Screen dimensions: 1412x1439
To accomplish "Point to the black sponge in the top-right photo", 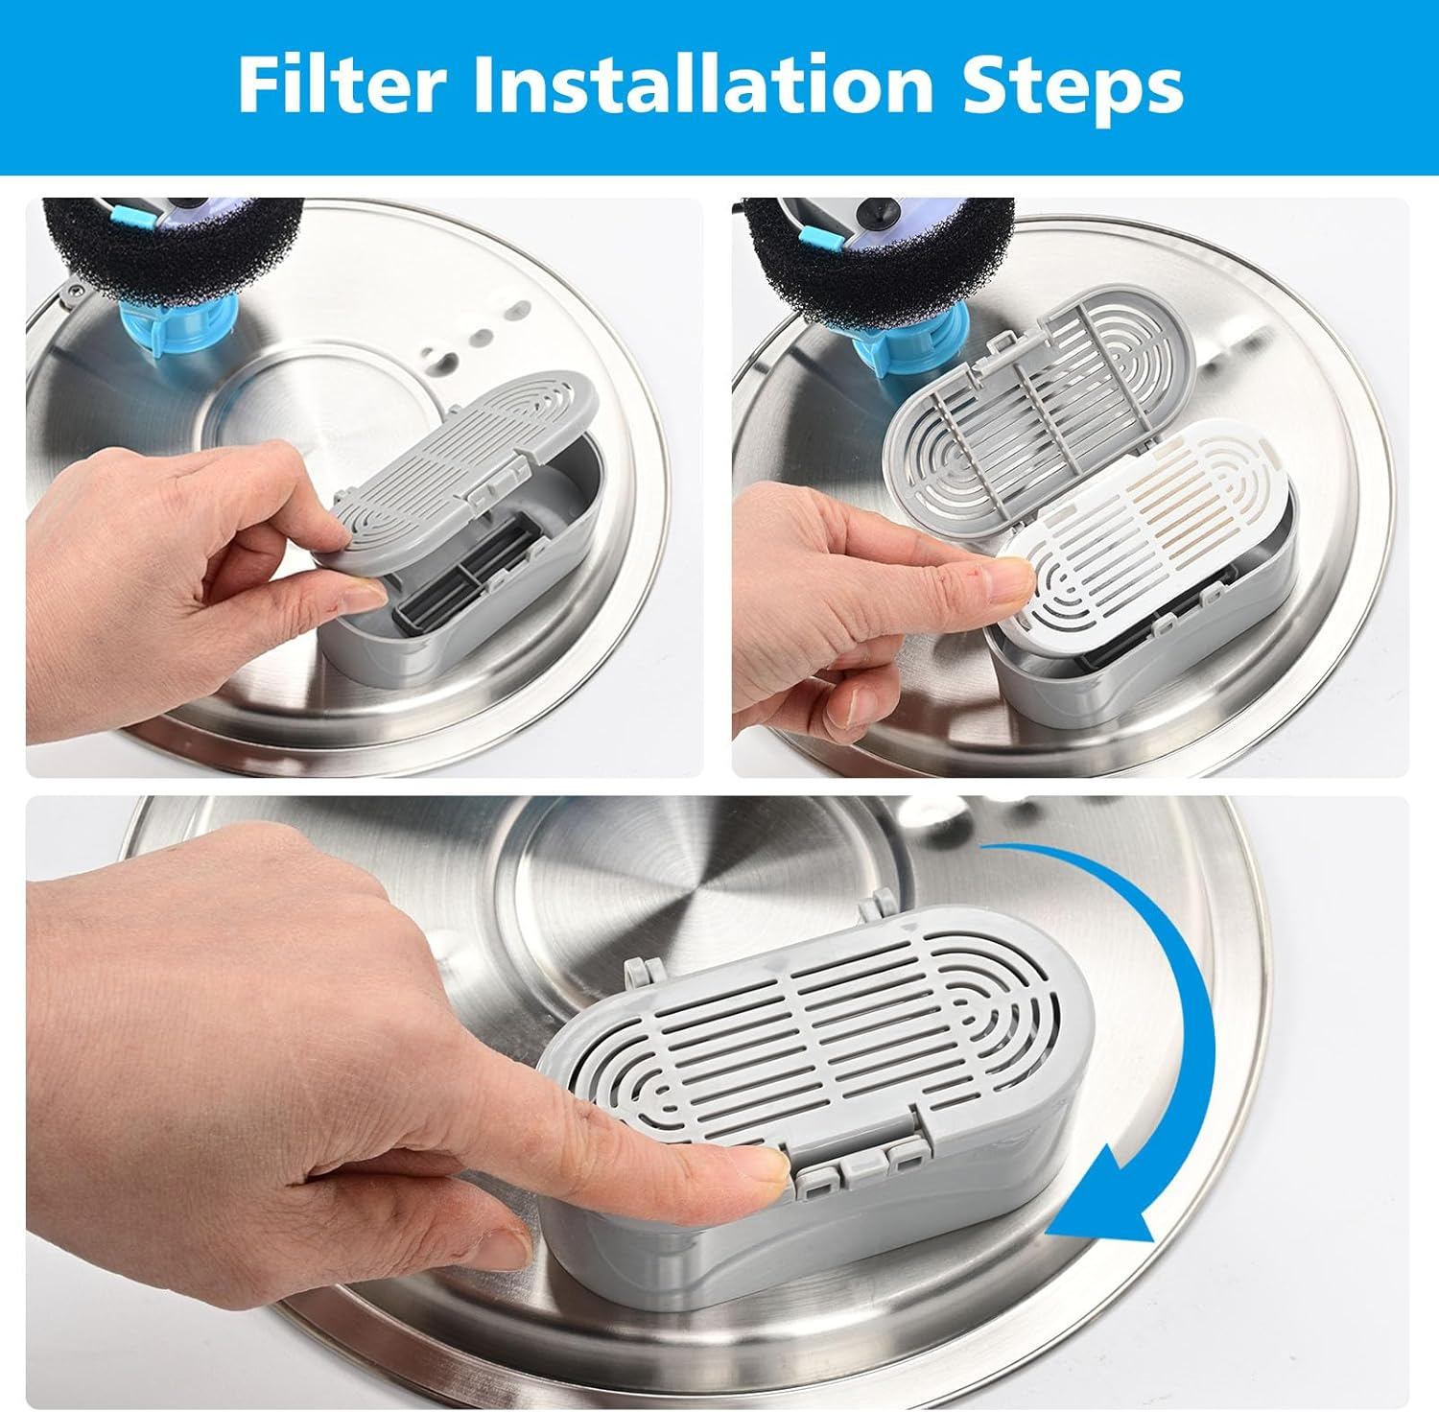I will (x=825, y=254).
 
